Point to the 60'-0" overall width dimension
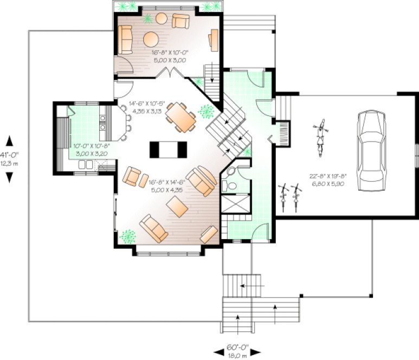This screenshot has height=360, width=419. point(238,350)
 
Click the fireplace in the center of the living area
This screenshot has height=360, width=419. point(168,148)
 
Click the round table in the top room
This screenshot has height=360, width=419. point(151,39)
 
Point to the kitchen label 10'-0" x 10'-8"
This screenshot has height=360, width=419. point(92,150)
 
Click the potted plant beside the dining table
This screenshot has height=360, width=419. point(206,111)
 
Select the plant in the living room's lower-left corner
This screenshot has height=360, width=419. point(128,236)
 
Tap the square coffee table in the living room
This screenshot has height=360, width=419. point(177,207)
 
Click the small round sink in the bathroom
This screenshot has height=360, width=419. point(230,171)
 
